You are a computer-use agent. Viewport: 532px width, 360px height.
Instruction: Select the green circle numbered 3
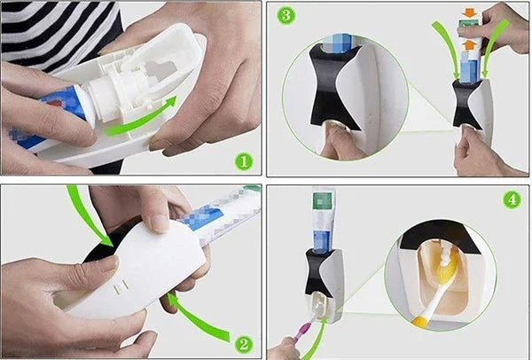pyautogui.click(x=285, y=16)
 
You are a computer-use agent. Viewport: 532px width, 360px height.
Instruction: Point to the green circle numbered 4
pyautogui.click(x=511, y=200)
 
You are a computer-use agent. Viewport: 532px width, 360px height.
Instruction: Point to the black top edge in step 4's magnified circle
pyautogui.click(x=434, y=232)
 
